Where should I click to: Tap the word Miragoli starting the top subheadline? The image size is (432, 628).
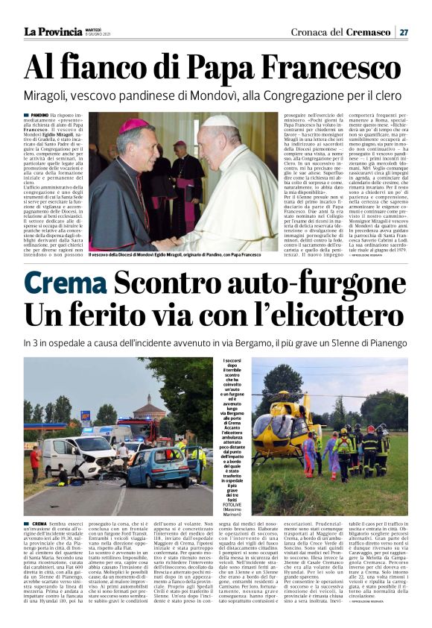47,95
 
